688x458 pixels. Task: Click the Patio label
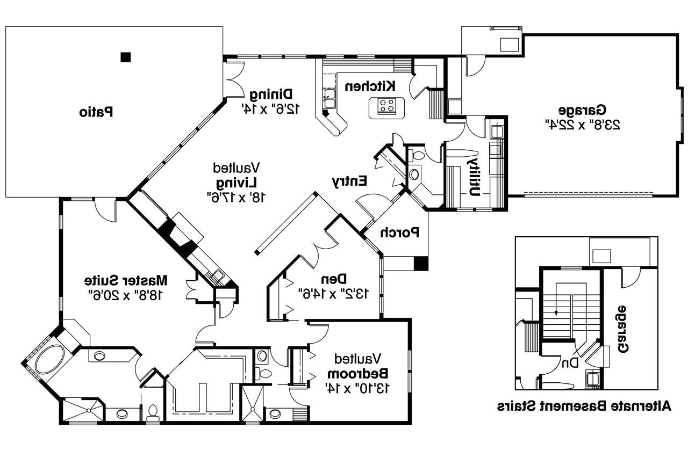(96, 112)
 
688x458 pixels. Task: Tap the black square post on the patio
(126, 56)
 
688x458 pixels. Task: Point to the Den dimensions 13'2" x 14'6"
(334, 293)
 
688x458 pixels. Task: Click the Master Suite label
(126, 280)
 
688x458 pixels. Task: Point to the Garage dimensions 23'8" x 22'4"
(583, 125)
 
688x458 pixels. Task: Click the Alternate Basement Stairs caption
(584, 405)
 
